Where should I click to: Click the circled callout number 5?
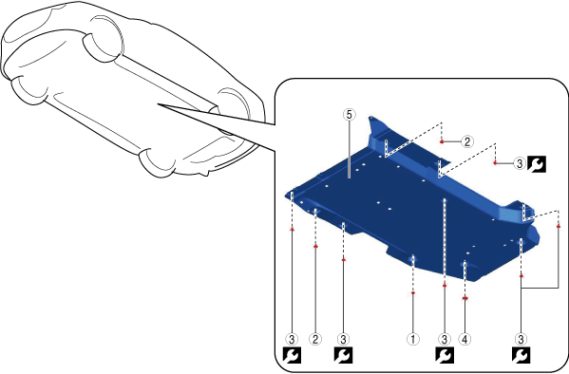tap(349, 115)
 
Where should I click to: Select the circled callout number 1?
tap(413, 339)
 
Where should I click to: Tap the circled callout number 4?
tap(465, 339)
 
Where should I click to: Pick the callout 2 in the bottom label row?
tap(315, 339)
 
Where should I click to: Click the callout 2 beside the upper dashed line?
tap(467, 141)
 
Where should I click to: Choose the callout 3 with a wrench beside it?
tap(520, 163)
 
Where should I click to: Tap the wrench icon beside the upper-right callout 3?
tap(537, 164)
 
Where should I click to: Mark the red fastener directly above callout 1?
tap(413, 292)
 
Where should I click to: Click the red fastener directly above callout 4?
tap(465, 298)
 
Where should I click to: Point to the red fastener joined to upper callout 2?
tap(442, 141)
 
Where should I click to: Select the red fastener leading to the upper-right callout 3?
tap(495, 163)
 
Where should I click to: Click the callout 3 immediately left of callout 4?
tap(445, 339)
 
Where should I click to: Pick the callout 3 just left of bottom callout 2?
tap(292, 339)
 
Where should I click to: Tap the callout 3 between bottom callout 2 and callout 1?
tap(343, 339)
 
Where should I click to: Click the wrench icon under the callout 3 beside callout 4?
tap(445, 355)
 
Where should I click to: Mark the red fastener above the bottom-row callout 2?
tap(315, 246)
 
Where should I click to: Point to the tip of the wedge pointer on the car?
tap(158, 104)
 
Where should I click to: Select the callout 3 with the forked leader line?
tap(522, 339)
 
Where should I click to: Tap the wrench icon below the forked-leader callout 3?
tap(522, 355)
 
